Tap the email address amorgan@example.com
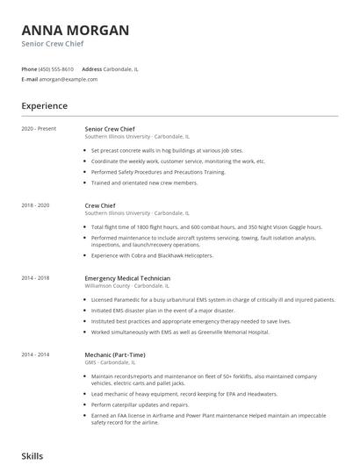(68, 79)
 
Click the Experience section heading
(44, 106)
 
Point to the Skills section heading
(32, 456)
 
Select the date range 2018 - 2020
(36, 204)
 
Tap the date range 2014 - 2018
(36, 277)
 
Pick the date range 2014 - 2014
(36, 354)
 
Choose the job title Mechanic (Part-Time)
(114, 354)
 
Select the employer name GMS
(90, 361)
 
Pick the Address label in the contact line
(92, 68)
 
